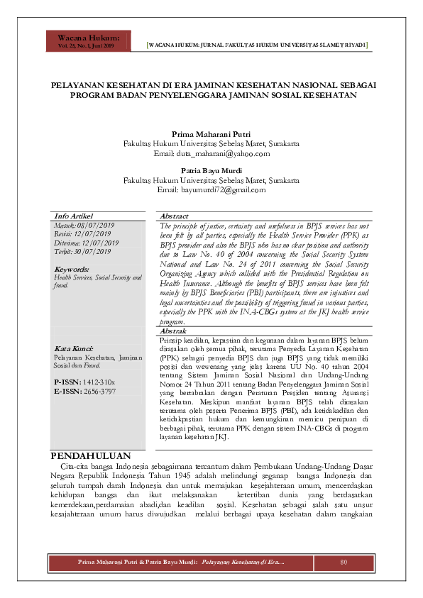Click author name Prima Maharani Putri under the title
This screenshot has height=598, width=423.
pyautogui.click(x=211, y=134)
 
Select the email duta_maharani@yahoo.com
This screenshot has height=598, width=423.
pyautogui.click(x=211, y=153)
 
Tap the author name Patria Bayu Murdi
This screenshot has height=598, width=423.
pyautogui.click(x=211, y=172)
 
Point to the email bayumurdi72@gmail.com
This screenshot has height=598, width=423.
pyautogui.click(x=211, y=190)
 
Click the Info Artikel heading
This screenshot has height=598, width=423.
pyautogui.click(x=74, y=216)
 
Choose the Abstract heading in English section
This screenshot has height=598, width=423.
pyautogui.click(x=175, y=216)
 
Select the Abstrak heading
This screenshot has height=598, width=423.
pyautogui.click(x=174, y=331)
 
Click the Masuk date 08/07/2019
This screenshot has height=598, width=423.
pyautogui.click(x=84, y=225)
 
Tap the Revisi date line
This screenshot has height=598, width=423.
pyautogui.click(x=84, y=233)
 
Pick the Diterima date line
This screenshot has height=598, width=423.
pyautogui.click(x=87, y=243)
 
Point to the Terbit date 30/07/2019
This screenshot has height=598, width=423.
pyautogui.click(x=84, y=251)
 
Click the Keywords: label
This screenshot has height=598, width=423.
pyautogui.click(x=72, y=270)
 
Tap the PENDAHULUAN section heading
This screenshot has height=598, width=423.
pyautogui.click(x=91, y=435)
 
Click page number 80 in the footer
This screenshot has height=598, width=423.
pyautogui.click(x=344, y=563)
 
